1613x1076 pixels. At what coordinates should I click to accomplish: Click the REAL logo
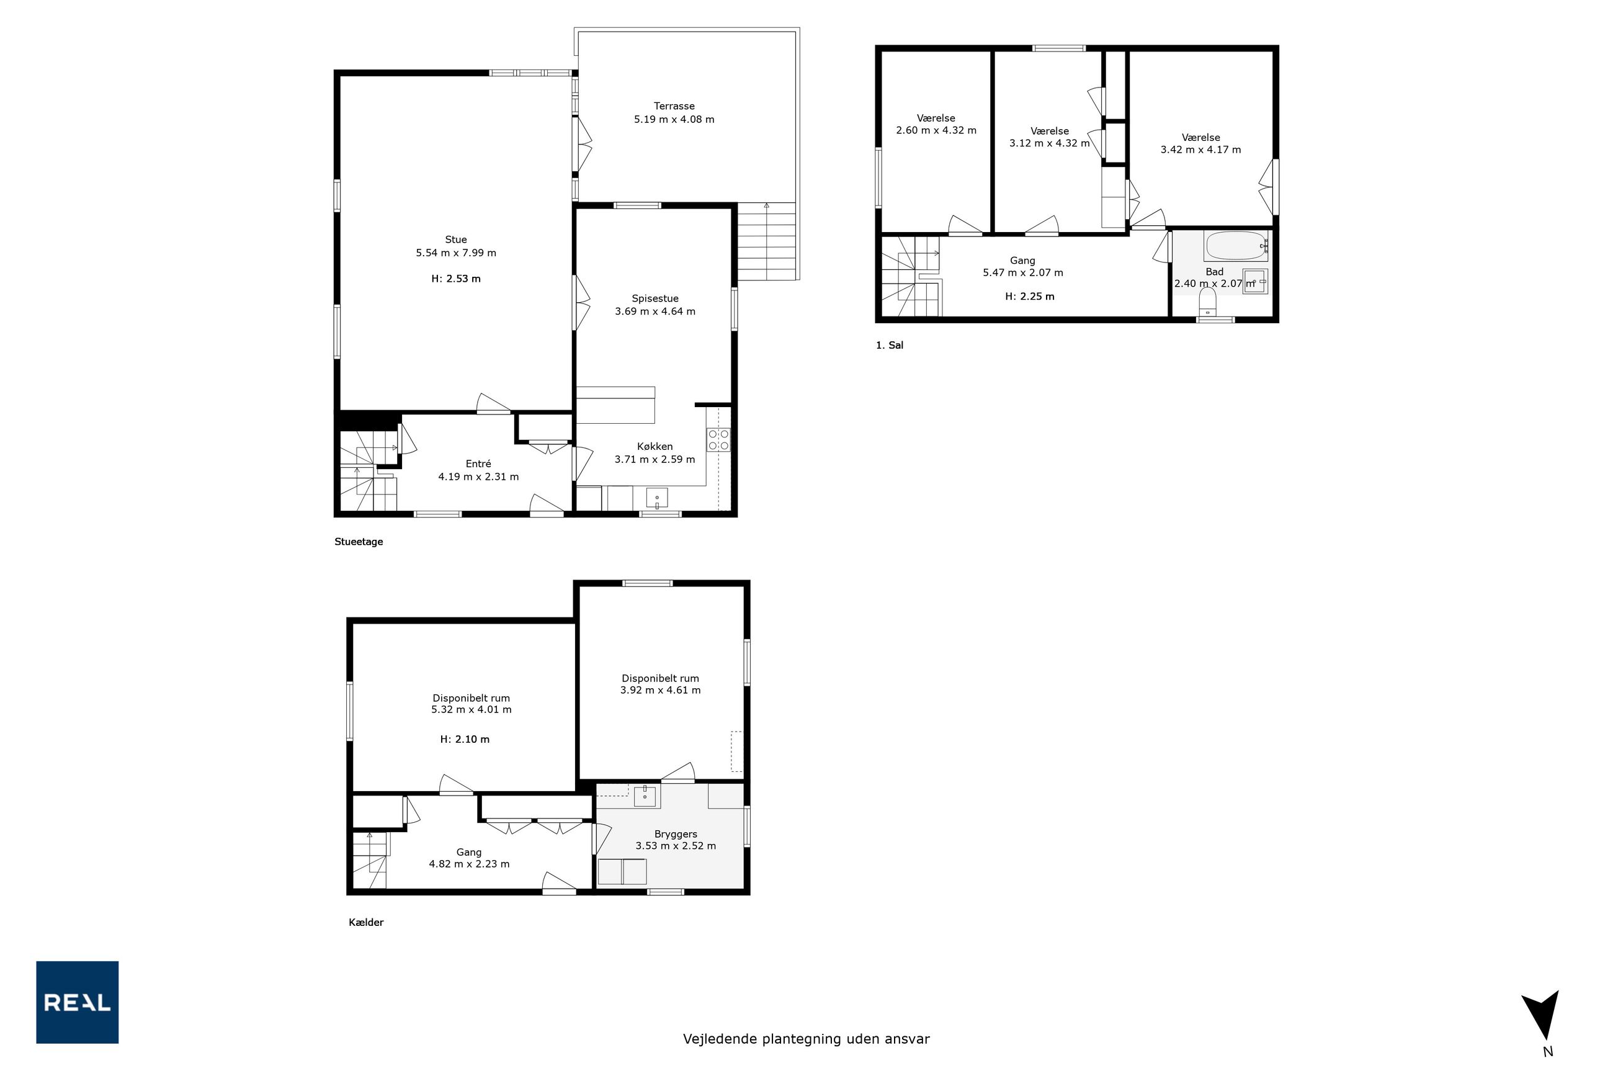(x=77, y=1002)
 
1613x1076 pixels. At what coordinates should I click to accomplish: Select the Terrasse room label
(x=674, y=106)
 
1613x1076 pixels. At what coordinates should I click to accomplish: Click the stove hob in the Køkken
(x=718, y=440)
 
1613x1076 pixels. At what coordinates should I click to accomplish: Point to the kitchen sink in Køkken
(x=656, y=498)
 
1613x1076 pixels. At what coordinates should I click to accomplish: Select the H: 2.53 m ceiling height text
(x=455, y=279)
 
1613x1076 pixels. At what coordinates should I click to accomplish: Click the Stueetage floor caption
(x=358, y=542)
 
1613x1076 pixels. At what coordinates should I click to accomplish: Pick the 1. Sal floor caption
(x=889, y=345)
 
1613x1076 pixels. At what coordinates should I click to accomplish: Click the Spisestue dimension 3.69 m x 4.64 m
(x=655, y=312)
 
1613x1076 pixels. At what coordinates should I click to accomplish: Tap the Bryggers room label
(x=675, y=835)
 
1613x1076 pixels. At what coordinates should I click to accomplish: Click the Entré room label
(x=478, y=464)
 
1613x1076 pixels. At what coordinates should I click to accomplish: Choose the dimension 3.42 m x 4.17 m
(x=1200, y=150)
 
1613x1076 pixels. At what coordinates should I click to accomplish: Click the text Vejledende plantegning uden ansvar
(x=806, y=1039)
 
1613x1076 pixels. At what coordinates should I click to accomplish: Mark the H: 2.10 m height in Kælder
(x=465, y=739)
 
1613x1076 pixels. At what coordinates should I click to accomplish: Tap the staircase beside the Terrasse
(x=766, y=241)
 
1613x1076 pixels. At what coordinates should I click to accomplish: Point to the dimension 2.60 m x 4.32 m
(x=936, y=130)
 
